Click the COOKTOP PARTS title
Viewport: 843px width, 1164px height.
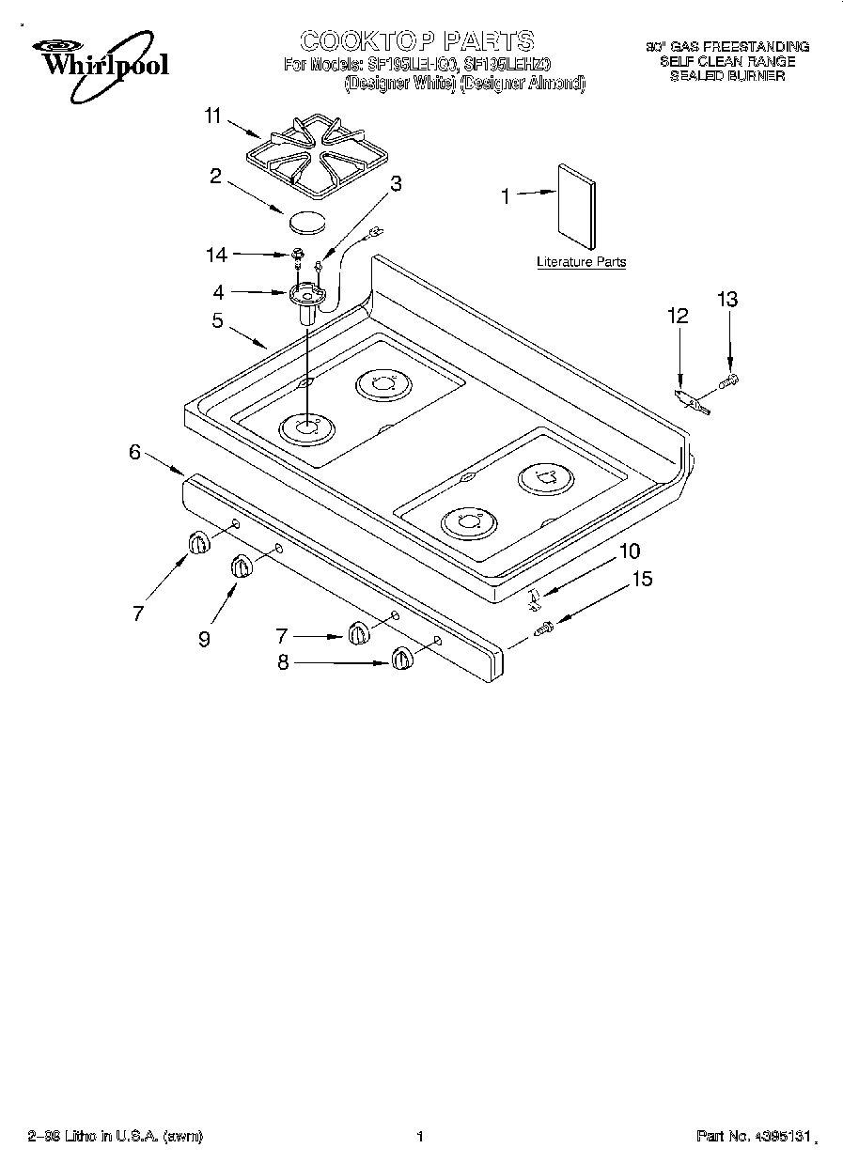(416, 40)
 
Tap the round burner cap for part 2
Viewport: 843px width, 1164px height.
(305, 222)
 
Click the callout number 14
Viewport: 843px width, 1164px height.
(215, 254)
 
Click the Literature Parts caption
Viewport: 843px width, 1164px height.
(581, 262)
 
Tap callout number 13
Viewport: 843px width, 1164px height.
(727, 300)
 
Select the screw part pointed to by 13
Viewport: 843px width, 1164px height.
(729, 381)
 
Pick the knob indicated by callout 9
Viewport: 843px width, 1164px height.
(242, 567)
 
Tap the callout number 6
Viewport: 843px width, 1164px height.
(135, 452)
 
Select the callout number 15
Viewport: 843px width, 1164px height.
(641, 579)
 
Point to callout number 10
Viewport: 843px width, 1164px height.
(628, 551)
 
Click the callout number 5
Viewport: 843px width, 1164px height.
(217, 320)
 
